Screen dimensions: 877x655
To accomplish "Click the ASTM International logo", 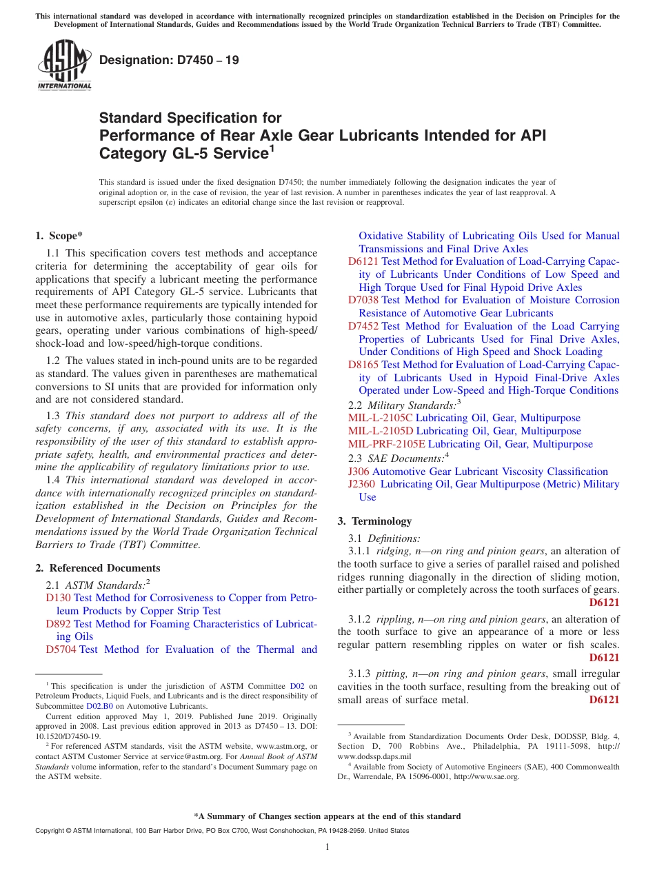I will pyautogui.click(x=64, y=64).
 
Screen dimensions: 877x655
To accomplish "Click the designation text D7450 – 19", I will pyautogui.click(x=170, y=60).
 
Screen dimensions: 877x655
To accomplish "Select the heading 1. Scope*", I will pyautogui.click(x=59, y=236).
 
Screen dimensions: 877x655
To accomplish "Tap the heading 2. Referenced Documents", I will pyautogui.click(x=98, y=568).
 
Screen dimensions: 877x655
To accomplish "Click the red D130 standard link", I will pyautogui.click(x=58, y=598).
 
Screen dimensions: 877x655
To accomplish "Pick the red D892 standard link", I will pyautogui.click(x=58, y=624).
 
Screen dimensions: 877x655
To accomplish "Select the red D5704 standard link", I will pyautogui.click(x=61, y=649).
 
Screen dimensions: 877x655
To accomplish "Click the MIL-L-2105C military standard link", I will pyautogui.click(x=381, y=419).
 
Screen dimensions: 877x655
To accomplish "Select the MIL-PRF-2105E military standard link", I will pyautogui.click(x=386, y=444).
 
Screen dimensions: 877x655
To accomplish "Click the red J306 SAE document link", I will pyautogui.click(x=359, y=472).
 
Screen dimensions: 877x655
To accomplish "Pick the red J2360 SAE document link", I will pyautogui.click(x=362, y=484).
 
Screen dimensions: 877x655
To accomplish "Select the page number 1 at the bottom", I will pyautogui.click(x=327, y=847).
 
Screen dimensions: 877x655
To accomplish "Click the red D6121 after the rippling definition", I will pyautogui.click(x=604, y=658).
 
